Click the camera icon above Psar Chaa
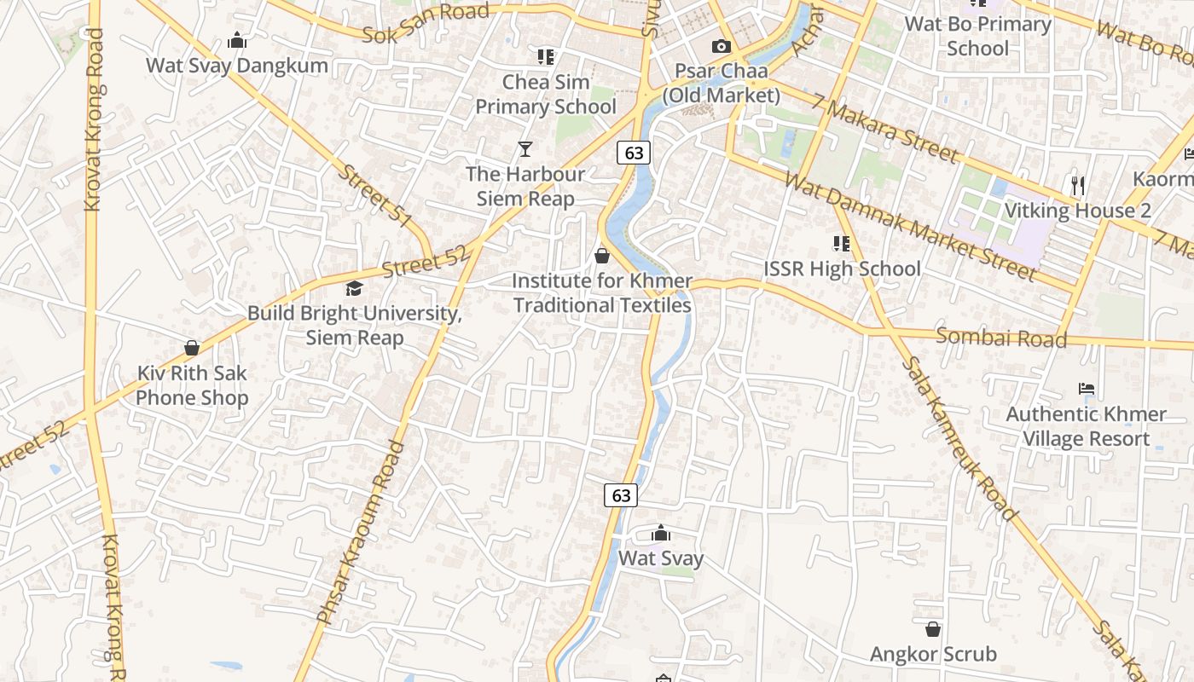tap(722, 46)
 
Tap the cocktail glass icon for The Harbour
tap(525, 149)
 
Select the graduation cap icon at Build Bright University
tap(354, 289)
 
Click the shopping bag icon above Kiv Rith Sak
tap(192, 348)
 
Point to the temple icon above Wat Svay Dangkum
tap(237, 40)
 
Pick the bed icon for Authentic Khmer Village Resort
tap(1086, 389)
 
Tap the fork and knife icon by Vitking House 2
tap(1077, 185)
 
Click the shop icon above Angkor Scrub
tap(933, 629)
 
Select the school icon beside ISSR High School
tap(842, 244)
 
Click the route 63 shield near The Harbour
tap(634, 153)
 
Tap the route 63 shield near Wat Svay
tap(621, 494)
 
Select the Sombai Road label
tap(1001, 338)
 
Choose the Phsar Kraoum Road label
tap(360, 532)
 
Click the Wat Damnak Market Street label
tap(910, 227)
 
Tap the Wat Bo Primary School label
tap(977, 36)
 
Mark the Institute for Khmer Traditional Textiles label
tap(602, 292)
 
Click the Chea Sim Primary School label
tap(546, 94)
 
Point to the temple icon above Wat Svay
tap(660, 534)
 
